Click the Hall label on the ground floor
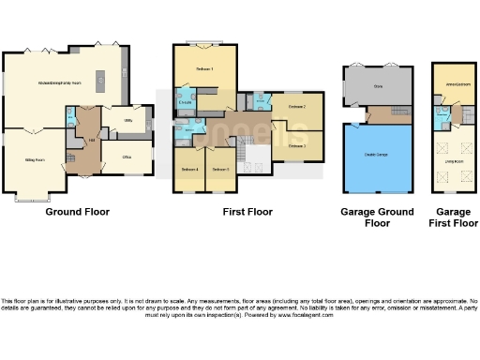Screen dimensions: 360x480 point(91,141)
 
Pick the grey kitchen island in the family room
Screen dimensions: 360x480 point(99,90)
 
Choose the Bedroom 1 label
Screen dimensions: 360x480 point(203,71)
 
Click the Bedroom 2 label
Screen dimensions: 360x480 point(297,109)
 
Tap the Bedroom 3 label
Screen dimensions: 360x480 point(297,145)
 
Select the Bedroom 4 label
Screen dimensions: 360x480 point(189,169)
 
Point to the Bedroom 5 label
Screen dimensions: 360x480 point(220,169)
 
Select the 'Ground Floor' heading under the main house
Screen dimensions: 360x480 point(78,212)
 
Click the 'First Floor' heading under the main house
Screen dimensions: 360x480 point(247,212)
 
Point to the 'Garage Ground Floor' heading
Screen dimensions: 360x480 point(377,217)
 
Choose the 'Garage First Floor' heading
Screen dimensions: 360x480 point(451,217)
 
